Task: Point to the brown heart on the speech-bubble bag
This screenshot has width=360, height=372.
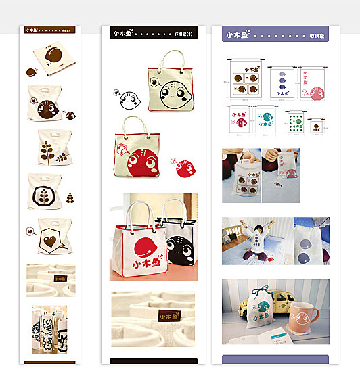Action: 49,241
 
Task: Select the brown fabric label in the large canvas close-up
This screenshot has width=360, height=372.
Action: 166,316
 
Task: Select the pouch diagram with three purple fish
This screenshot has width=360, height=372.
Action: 280,83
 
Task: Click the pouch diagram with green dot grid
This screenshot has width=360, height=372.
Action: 294,122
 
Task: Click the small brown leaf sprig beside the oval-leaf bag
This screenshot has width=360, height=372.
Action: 70,197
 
